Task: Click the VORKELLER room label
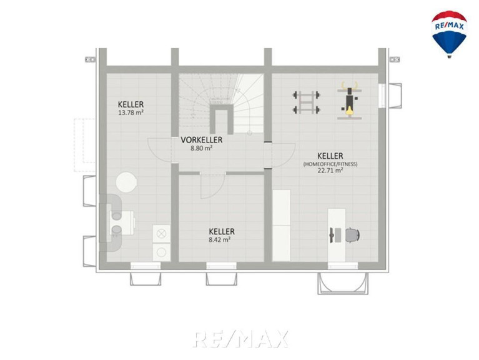[x=201, y=140]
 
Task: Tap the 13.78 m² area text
[x=131, y=112]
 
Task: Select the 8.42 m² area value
[x=220, y=240]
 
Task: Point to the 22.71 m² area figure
[x=330, y=171]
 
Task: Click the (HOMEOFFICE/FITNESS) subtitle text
[x=330, y=164]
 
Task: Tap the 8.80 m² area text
[x=201, y=149]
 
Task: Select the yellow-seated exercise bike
[x=350, y=100]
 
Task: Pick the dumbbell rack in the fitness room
[x=306, y=102]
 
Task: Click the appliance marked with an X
[x=161, y=234]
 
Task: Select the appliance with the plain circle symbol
[x=161, y=252]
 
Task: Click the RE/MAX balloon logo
[x=449, y=34]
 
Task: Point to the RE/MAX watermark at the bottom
[x=240, y=339]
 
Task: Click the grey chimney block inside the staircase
[x=222, y=119]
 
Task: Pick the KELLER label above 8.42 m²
[x=222, y=231]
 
